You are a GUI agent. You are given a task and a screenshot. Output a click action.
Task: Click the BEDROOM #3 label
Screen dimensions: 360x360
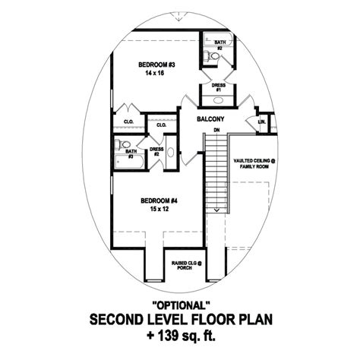pyautogui.click(x=156, y=65)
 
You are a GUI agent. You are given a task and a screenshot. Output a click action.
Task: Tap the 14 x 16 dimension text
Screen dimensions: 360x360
pyautogui.click(x=156, y=74)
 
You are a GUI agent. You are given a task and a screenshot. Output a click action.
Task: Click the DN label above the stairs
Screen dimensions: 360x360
pyautogui.click(x=217, y=131)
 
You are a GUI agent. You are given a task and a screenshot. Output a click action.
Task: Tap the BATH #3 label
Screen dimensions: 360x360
pyautogui.click(x=131, y=153)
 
